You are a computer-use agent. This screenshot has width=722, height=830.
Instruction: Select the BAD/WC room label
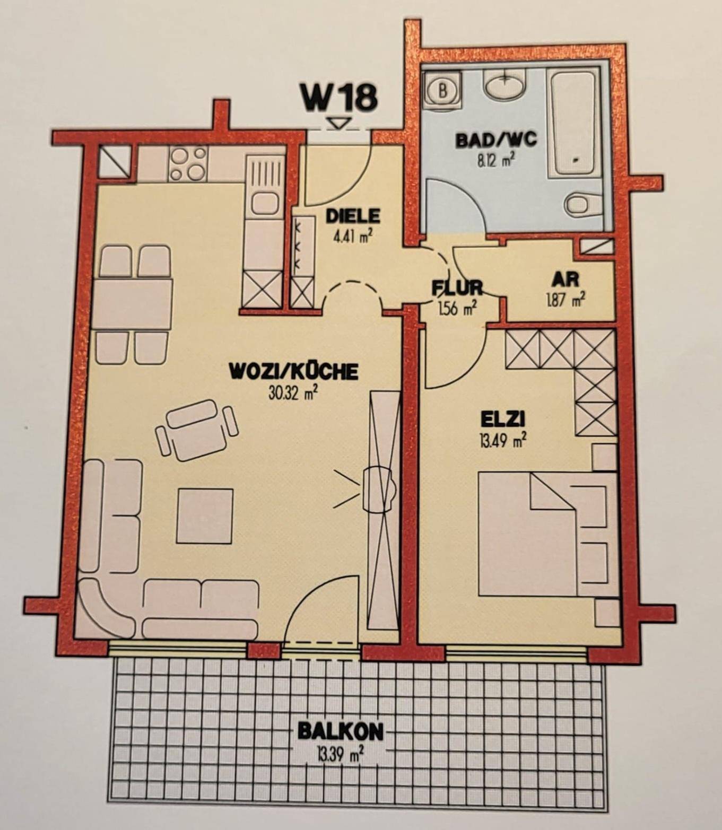(x=496, y=139)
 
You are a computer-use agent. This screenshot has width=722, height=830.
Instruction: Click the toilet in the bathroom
(x=585, y=204)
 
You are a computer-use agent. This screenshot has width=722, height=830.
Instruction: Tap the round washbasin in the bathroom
(x=505, y=84)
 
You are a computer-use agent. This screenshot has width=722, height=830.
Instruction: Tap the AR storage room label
(x=565, y=280)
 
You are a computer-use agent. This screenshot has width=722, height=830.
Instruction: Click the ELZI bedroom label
(x=502, y=420)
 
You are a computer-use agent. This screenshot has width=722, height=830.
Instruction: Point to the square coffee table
(x=204, y=516)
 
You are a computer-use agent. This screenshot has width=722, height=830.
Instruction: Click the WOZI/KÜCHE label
(x=293, y=372)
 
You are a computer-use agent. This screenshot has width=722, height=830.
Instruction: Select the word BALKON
(x=340, y=732)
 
